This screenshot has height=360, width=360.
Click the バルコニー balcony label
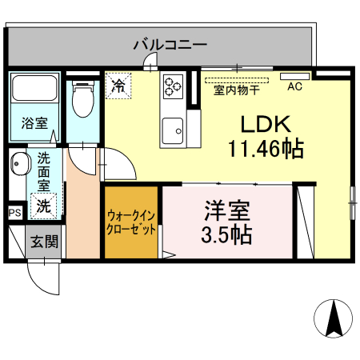(x=170, y=44)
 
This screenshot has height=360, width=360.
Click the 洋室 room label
(x=227, y=211)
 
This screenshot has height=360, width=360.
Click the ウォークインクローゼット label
(x=131, y=222)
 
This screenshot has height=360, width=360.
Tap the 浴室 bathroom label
(x=34, y=124)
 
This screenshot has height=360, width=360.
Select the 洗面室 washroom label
(x=43, y=171)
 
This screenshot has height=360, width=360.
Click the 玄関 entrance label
(x=44, y=241)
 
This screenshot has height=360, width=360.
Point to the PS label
(x=14, y=213)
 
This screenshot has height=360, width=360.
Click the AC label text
(x=294, y=87)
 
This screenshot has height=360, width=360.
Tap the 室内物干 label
(x=235, y=90)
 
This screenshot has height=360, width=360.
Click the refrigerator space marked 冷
(x=118, y=83)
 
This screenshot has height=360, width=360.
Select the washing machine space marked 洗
(x=43, y=205)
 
